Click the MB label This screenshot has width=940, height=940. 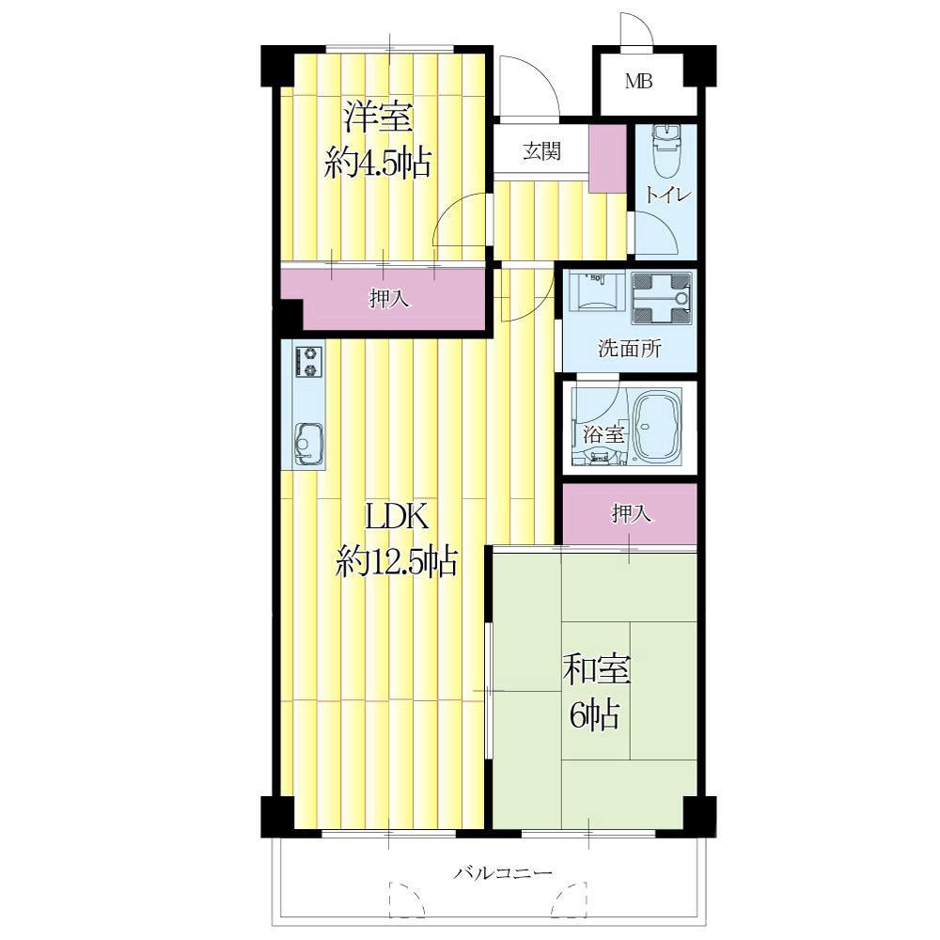click(638, 81)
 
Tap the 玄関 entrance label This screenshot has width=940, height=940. click(542, 151)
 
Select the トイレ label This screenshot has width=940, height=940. click(667, 195)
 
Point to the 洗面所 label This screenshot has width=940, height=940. click(630, 349)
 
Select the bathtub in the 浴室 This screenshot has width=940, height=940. click(658, 427)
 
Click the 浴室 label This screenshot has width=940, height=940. click(603, 434)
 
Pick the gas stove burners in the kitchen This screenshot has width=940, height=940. click(309, 362)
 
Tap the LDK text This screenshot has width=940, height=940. click(397, 517)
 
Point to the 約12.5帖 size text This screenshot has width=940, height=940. click(397, 562)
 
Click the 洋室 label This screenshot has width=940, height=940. click(378, 117)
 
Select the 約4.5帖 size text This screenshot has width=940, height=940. click(378, 162)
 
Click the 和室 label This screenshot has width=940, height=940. click(597, 669)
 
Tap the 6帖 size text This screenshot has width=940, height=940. click(594, 714)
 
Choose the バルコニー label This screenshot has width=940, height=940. click(502, 872)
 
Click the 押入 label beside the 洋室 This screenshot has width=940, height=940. click(389, 298)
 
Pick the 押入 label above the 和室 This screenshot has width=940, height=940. click(631, 513)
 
